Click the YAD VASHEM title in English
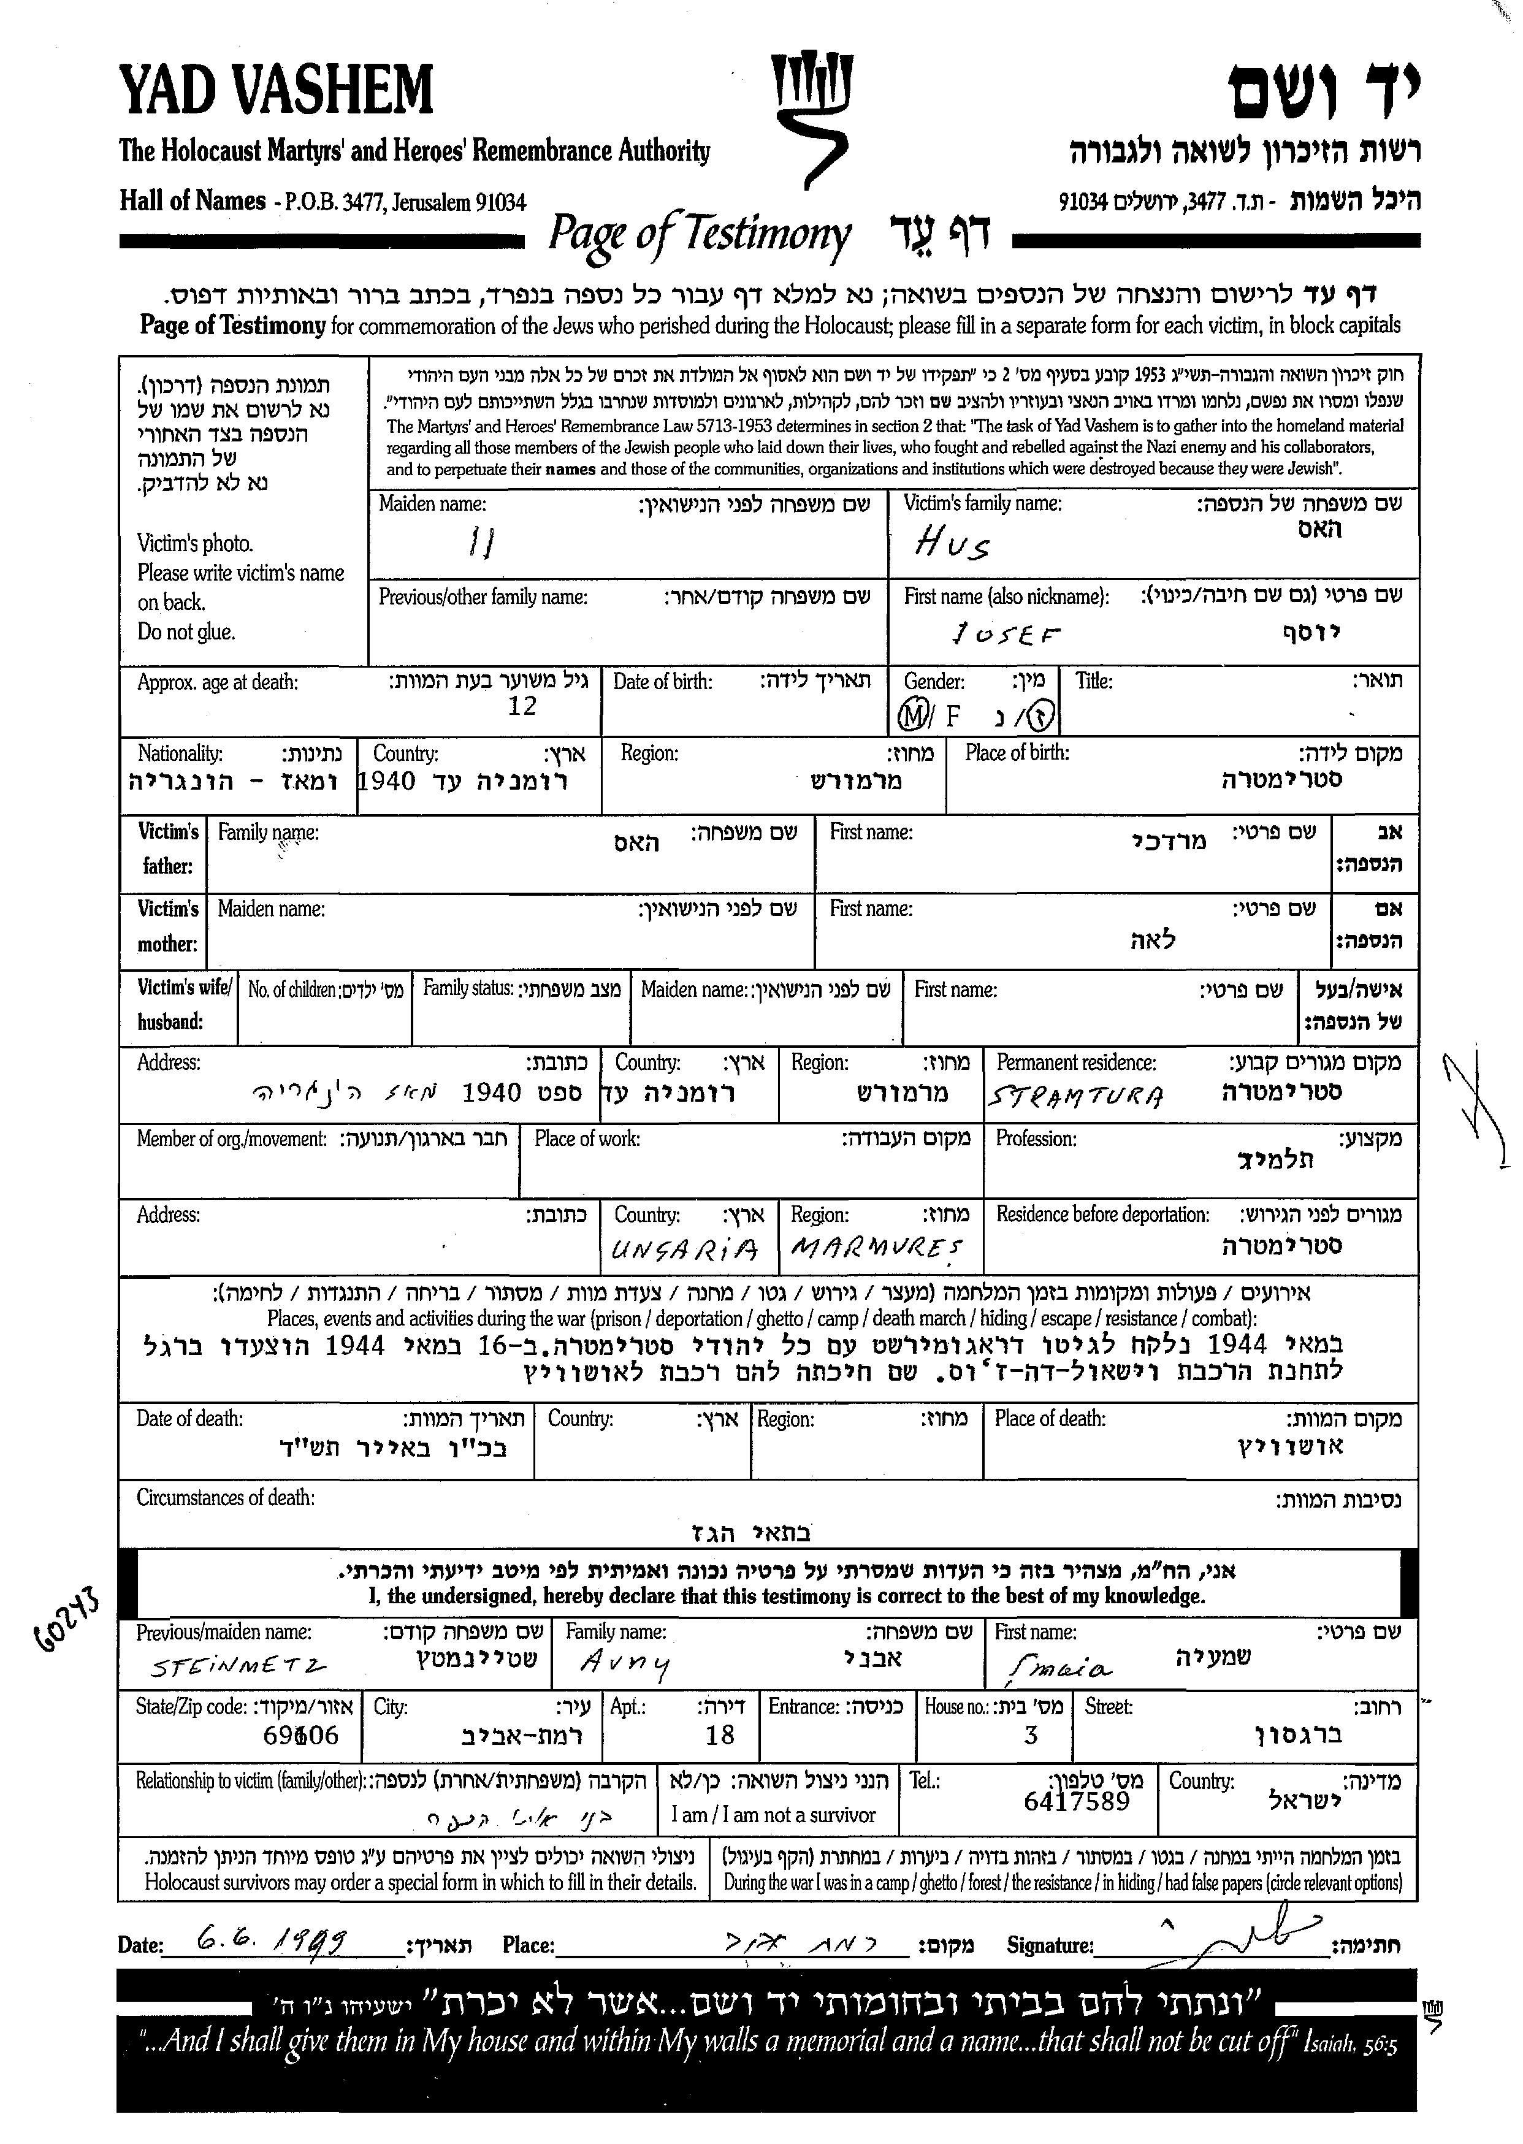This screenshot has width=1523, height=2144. tap(276, 91)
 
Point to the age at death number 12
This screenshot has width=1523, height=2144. tap(521, 706)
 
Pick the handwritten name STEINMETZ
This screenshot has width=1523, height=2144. tap(239, 1666)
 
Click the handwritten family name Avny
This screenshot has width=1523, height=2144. tap(625, 1663)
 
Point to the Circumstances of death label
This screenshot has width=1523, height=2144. tap(225, 1498)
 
